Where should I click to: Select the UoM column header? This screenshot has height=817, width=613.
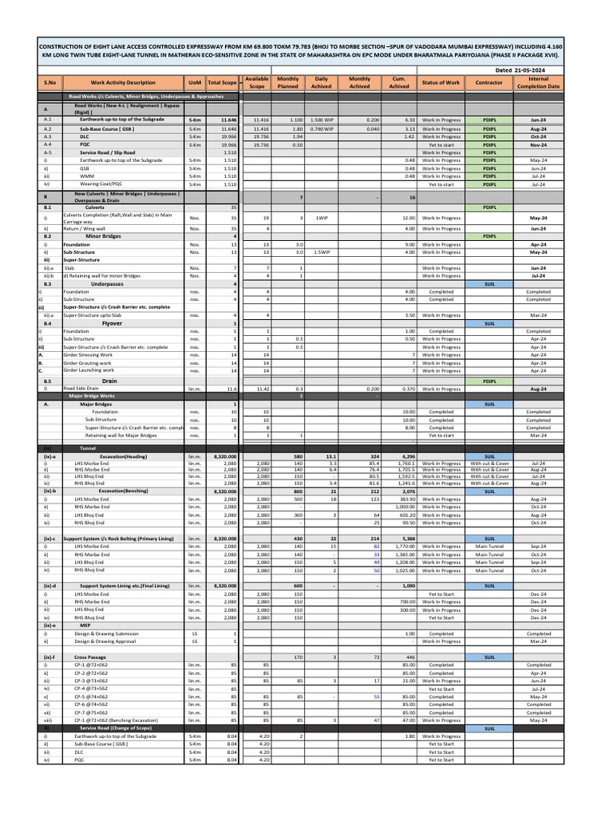click(x=194, y=82)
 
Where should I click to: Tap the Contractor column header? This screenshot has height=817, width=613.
click(x=489, y=82)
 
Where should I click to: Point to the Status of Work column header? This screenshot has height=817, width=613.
click(x=441, y=82)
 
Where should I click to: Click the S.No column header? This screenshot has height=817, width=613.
click(x=49, y=82)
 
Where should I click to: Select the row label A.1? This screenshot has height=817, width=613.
click(x=47, y=120)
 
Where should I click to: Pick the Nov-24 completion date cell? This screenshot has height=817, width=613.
click(x=538, y=144)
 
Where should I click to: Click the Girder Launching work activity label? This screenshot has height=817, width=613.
click(x=89, y=370)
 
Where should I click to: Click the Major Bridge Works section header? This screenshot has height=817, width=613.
click(x=92, y=396)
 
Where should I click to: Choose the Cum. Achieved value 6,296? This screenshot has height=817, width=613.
click(x=399, y=456)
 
